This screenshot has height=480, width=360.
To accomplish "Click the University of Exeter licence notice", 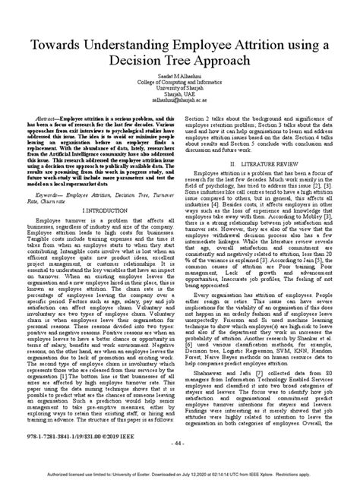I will pos(180,473).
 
